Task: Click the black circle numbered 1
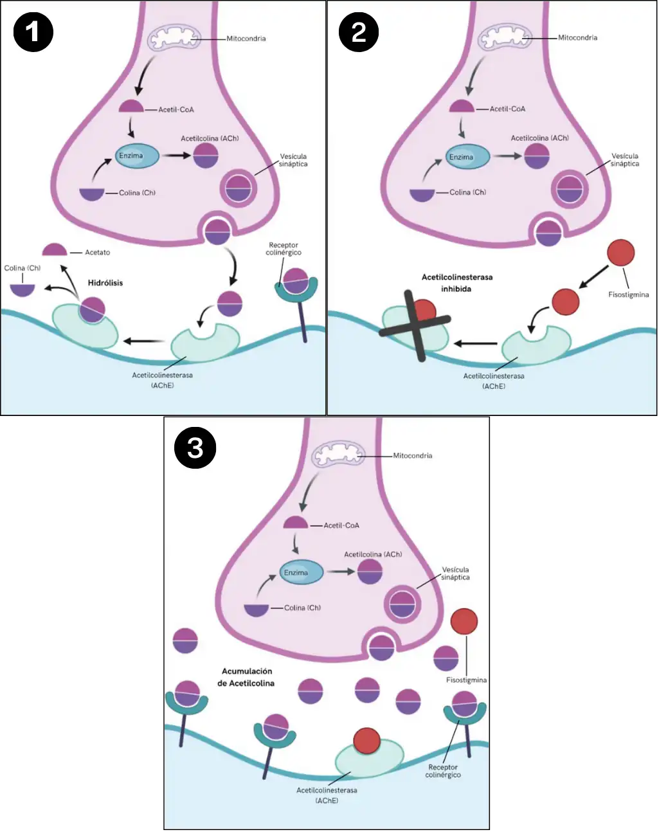33,32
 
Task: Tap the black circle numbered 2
359,32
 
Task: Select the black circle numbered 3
195,448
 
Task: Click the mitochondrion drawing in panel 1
171,39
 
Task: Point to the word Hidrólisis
105,283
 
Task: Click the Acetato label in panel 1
98,253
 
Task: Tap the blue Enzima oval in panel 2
467,157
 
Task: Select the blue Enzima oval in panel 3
302,572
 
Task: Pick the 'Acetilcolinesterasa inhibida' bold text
456,283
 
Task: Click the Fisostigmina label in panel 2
628,295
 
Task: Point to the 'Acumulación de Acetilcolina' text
246,677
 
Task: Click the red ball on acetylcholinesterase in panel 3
366,741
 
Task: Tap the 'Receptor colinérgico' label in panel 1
284,249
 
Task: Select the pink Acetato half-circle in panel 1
55,250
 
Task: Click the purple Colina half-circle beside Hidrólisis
23,289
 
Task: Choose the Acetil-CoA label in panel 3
341,526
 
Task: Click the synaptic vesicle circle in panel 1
239,188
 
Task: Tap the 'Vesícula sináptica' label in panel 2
624,160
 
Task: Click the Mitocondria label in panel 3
412,456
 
